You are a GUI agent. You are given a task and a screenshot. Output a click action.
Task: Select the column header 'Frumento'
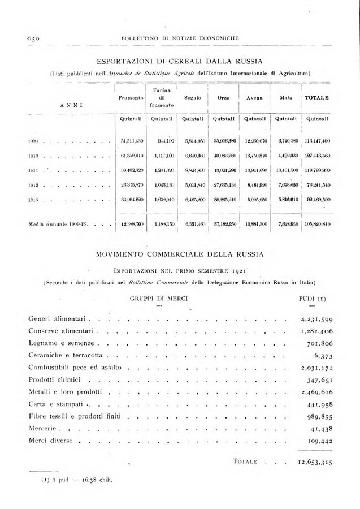(131, 98)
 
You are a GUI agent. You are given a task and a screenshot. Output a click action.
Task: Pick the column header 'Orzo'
(223, 98)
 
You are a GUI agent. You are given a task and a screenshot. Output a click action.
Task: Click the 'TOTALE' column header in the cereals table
(317, 97)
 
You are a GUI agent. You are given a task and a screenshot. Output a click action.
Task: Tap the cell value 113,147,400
(317, 140)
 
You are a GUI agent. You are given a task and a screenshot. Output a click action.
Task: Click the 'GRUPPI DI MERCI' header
(159, 297)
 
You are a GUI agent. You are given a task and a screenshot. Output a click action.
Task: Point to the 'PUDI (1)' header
(311, 297)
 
